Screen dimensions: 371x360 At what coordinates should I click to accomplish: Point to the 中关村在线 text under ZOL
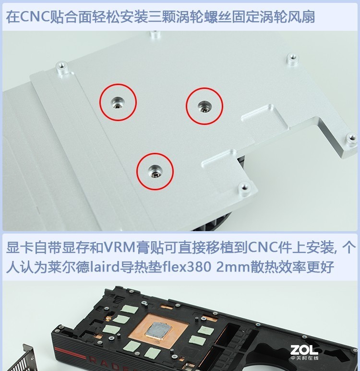point(304,359)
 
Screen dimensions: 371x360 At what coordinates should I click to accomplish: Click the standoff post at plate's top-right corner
point(292,59)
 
